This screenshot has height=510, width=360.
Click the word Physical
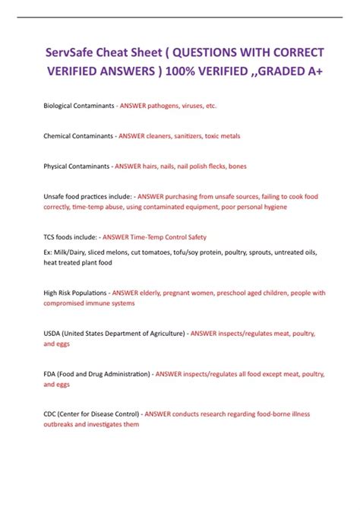point(57,166)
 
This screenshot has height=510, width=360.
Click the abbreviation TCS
point(51,236)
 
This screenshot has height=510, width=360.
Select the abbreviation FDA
point(52,374)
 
